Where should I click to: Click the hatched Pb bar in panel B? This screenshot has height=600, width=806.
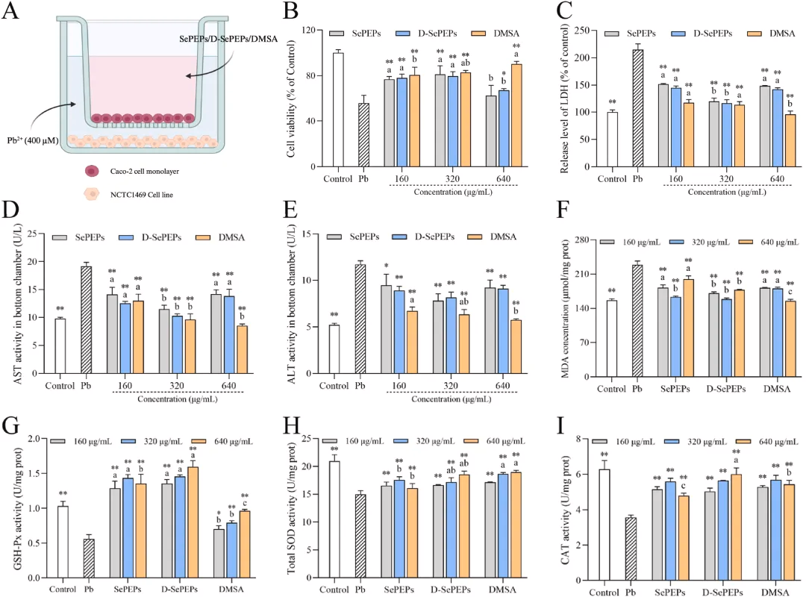tap(363, 135)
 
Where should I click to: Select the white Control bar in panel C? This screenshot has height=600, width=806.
tap(612, 140)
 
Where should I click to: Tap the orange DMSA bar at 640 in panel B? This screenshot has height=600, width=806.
tap(516, 116)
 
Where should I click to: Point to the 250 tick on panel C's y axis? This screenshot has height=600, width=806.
tap(582, 31)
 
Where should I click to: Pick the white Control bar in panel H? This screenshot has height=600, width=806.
tap(334, 519)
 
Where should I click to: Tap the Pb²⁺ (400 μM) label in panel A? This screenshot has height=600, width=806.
tap(32, 140)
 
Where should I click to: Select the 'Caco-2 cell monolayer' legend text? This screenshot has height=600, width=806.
tap(145, 171)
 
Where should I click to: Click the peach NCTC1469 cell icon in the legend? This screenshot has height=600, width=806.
tap(92, 194)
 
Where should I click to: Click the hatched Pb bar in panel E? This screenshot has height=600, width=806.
tap(360, 319)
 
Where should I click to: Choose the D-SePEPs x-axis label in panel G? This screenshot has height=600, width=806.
tap(179, 590)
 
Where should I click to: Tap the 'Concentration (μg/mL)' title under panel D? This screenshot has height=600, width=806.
tap(178, 399)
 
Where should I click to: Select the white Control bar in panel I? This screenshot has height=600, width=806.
tap(604, 525)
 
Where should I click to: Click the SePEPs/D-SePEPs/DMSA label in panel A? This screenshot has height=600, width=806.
tap(228, 39)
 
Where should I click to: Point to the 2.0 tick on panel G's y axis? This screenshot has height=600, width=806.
tap(34, 439)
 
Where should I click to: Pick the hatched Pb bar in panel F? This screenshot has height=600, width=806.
tap(637, 321)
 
